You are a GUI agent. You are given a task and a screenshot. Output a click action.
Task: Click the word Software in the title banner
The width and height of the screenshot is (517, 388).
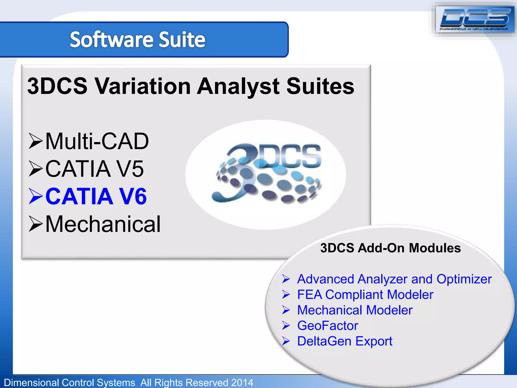111,40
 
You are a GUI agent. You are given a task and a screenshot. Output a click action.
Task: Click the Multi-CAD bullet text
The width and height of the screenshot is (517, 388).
97,141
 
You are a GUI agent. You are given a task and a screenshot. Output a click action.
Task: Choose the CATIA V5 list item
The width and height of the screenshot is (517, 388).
94,169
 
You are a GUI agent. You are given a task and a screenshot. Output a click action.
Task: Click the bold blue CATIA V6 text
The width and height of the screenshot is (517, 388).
96,196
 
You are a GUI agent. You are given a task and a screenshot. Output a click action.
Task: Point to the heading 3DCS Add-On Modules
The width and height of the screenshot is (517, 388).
390,248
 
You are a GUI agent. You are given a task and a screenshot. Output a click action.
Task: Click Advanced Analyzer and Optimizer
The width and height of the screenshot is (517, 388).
394,279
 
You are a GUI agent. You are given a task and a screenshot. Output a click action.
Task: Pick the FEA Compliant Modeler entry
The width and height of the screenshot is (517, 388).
365,295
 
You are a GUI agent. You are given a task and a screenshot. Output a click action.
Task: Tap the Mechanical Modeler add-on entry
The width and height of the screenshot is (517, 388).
355,310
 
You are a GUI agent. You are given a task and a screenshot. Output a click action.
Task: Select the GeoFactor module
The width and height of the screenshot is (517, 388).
327,326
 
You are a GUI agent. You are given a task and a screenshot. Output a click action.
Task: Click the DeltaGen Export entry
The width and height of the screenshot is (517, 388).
345,341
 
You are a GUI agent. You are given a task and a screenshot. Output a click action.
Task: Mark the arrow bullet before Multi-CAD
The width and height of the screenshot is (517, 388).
35,141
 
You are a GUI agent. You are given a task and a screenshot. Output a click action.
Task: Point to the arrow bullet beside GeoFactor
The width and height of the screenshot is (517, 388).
286,326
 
